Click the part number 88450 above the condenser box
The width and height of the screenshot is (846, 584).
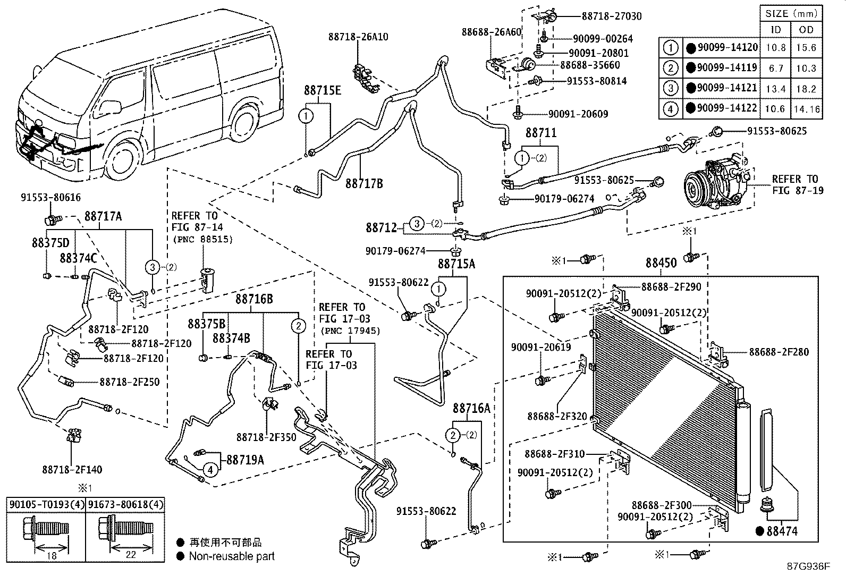pyautogui.click(x=661, y=263)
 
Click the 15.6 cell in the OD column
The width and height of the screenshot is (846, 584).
pyautogui.click(x=806, y=48)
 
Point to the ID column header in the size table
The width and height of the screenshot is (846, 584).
pyautogui.click(x=776, y=30)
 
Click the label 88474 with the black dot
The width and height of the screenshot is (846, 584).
pyautogui.click(x=781, y=530)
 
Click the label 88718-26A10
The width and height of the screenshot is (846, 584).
pyautogui.click(x=358, y=37)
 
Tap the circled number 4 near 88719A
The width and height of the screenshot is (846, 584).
pyautogui.click(x=210, y=469)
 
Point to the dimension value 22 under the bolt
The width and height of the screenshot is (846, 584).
pyautogui.click(x=130, y=554)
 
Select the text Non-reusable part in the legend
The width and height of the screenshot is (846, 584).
pyautogui.click(x=232, y=556)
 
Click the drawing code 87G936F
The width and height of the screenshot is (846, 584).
pyautogui.click(x=808, y=566)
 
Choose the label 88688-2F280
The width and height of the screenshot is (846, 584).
pyautogui.click(x=779, y=352)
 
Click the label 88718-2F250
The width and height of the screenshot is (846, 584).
pyautogui.click(x=129, y=382)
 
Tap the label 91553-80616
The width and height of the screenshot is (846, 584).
pyautogui.click(x=50, y=198)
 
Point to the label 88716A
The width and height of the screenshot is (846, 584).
pyautogui.click(x=471, y=408)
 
